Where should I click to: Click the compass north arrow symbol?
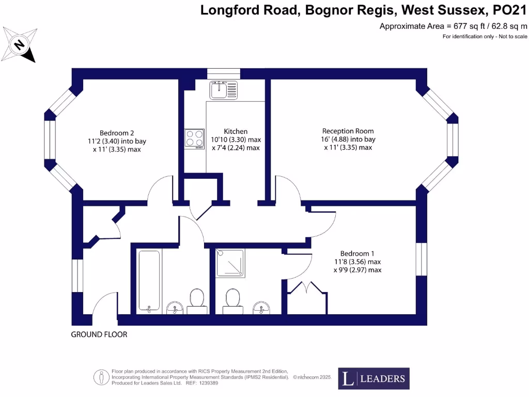click(20, 44)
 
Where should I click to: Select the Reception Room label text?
click(348, 131)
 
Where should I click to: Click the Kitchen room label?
click(236, 131)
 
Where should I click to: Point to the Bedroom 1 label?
click(357, 253)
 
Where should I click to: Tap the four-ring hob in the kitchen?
click(194, 139)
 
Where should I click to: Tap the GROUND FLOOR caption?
click(99, 334)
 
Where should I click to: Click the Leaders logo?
click(374, 378)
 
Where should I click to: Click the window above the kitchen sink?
click(224, 73)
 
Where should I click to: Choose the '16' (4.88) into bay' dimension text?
click(348, 140)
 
